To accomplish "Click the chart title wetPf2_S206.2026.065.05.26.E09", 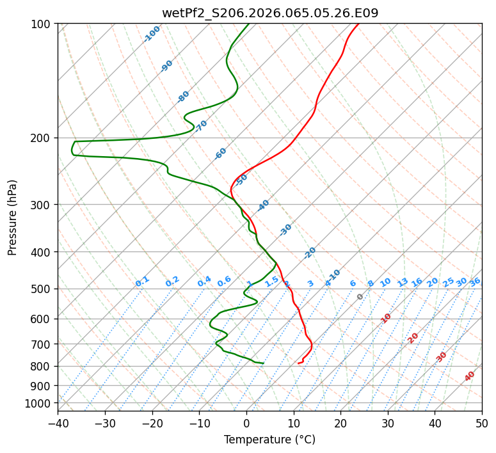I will click(x=269, y=13).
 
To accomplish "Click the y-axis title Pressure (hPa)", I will click(x=13, y=217).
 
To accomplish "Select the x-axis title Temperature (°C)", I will click(x=269, y=440).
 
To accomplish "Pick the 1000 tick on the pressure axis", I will click(x=39, y=403).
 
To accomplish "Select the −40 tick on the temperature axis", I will click(x=58, y=423).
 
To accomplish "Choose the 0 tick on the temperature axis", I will click(x=246, y=423).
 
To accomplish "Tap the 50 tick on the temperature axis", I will click(x=482, y=423).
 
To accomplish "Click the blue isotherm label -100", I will click(x=152, y=34).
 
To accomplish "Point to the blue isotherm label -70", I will click(x=202, y=126).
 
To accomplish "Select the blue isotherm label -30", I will click(x=286, y=229).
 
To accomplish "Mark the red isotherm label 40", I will click(x=470, y=376).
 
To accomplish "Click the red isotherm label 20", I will click(x=413, y=338).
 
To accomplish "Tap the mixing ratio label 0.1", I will click(x=142, y=282).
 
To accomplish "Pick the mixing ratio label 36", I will click(x=475, y=282).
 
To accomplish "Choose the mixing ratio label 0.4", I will click(x=204, y=282).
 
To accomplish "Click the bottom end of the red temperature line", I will click(x=298, y=363).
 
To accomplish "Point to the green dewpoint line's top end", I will click(x=249, y=24).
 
